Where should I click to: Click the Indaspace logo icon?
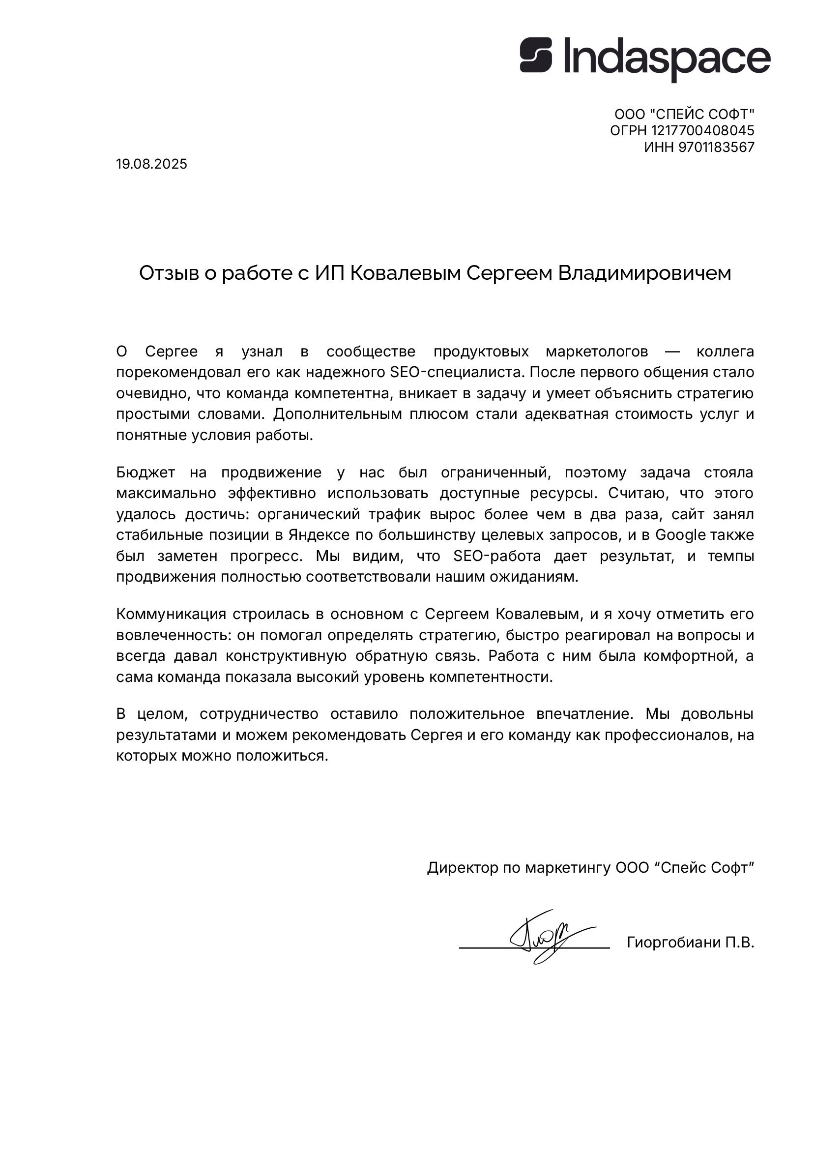point(535,55)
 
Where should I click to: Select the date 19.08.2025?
point(151,164)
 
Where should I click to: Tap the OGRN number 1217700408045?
point(702,131)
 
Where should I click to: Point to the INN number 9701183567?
point(716,147)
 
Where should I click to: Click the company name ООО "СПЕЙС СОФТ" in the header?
point(684,114)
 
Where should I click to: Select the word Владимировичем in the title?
point(644,273)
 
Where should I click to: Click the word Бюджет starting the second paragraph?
point(145,472)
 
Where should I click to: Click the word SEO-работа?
point(497,556)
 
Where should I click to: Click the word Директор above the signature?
point(462,868)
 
